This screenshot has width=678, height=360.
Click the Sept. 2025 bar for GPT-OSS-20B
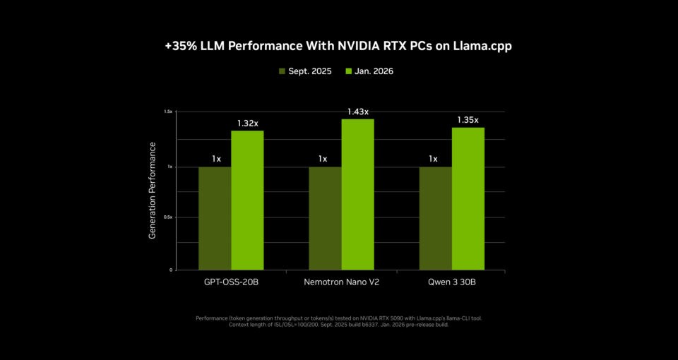coord(215,218)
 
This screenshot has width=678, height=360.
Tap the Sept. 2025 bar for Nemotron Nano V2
coord(325,218)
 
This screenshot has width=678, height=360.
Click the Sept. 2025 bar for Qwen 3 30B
coord(435,218)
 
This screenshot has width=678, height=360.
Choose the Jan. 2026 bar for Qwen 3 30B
coord(468,198)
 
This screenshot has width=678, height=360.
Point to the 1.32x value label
coord(247,124)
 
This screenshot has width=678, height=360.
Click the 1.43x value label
coord(357,112)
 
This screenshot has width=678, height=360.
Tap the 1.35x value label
coord(468,120)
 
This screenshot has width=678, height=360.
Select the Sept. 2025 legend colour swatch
coord(282,71)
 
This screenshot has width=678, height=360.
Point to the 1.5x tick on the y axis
coord(168,112)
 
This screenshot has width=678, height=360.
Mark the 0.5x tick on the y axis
coord(168,217)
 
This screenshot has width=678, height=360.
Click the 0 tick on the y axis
coord(171,270)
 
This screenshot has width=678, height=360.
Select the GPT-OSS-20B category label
coord(231,282)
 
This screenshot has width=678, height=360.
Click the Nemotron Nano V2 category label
coord(341,282)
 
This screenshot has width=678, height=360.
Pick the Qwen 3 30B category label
coord(452,282)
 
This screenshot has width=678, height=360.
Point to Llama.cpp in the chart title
coord(485,46)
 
